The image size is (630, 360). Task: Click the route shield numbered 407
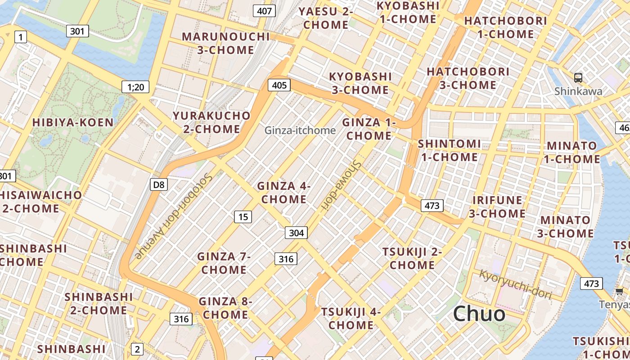point(264,10)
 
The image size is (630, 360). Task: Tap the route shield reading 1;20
point(135,87)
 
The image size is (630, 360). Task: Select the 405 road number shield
point(279,85)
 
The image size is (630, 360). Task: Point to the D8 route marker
point(158,184)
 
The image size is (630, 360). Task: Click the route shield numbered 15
point(243,217)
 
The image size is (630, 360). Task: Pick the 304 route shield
point(296,232)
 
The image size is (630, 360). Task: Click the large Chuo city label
point(479,313)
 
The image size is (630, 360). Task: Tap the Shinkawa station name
point(578,91)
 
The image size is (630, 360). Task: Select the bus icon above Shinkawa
point(578,77)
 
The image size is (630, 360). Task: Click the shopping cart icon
point(619,292)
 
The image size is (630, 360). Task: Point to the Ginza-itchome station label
point(300,130)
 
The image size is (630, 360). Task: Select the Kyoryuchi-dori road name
point(515,284)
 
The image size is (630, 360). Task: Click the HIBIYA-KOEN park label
point(73,122)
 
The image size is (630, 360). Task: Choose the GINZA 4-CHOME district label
point(284,193)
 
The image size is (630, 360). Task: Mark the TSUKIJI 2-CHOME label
point(412,258)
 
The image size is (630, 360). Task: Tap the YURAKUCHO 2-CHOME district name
point(211,122)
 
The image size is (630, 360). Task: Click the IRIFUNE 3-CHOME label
point(497,207)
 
